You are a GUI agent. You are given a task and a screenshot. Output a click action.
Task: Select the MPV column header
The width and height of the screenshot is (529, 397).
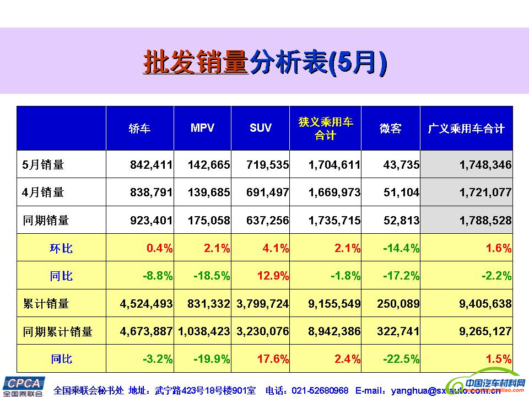click(202, 128)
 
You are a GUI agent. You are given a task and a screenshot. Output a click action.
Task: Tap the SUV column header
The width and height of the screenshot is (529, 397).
click(260, 128)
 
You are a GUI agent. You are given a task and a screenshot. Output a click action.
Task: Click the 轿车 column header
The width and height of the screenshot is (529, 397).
click(139, 128)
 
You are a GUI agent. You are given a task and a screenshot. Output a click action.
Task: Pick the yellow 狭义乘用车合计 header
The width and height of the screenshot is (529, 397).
click(325, 128)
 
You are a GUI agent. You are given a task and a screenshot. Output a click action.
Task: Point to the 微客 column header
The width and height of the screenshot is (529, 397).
click(390, 128)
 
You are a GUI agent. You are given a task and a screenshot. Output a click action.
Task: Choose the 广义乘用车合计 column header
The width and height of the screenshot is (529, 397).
click(466, 128)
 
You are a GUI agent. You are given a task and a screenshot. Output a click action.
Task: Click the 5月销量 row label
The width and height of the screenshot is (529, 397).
click(44, 164)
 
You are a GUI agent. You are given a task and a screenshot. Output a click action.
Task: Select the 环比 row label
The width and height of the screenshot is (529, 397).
click(61, 248)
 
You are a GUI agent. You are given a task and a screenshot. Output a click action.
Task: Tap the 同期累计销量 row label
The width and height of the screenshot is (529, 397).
click(58, 331)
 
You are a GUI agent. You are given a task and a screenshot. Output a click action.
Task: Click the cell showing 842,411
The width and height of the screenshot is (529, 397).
click(152, 164)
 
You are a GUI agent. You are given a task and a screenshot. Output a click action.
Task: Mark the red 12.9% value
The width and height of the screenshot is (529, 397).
click(274, 276)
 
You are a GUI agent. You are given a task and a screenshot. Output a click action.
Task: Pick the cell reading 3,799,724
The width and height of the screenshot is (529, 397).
click(262, 304)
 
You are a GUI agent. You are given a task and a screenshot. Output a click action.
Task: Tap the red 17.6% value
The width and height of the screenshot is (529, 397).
click(274, 359)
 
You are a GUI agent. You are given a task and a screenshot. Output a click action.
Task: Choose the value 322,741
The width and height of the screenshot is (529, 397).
click(398, 331)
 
